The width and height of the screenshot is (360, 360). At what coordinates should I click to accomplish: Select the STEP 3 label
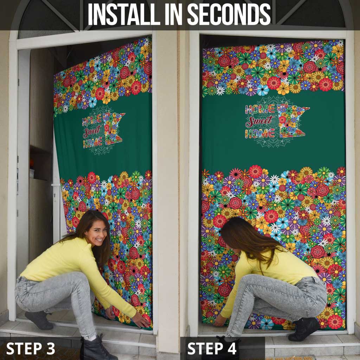pos(31,348)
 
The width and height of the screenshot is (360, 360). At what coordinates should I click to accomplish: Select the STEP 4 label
pos(212,348)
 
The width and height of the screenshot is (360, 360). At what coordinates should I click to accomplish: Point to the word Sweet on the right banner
pos(260,121)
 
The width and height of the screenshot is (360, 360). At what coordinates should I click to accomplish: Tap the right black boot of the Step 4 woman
pos(304,329)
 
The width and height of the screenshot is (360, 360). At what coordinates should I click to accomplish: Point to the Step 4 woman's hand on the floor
pos(220,321)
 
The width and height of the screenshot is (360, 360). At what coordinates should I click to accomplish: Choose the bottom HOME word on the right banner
pos(260,133)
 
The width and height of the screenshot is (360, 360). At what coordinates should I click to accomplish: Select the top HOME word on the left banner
pos(92,121)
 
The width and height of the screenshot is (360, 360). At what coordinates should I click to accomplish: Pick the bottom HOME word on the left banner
pos(93,142)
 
